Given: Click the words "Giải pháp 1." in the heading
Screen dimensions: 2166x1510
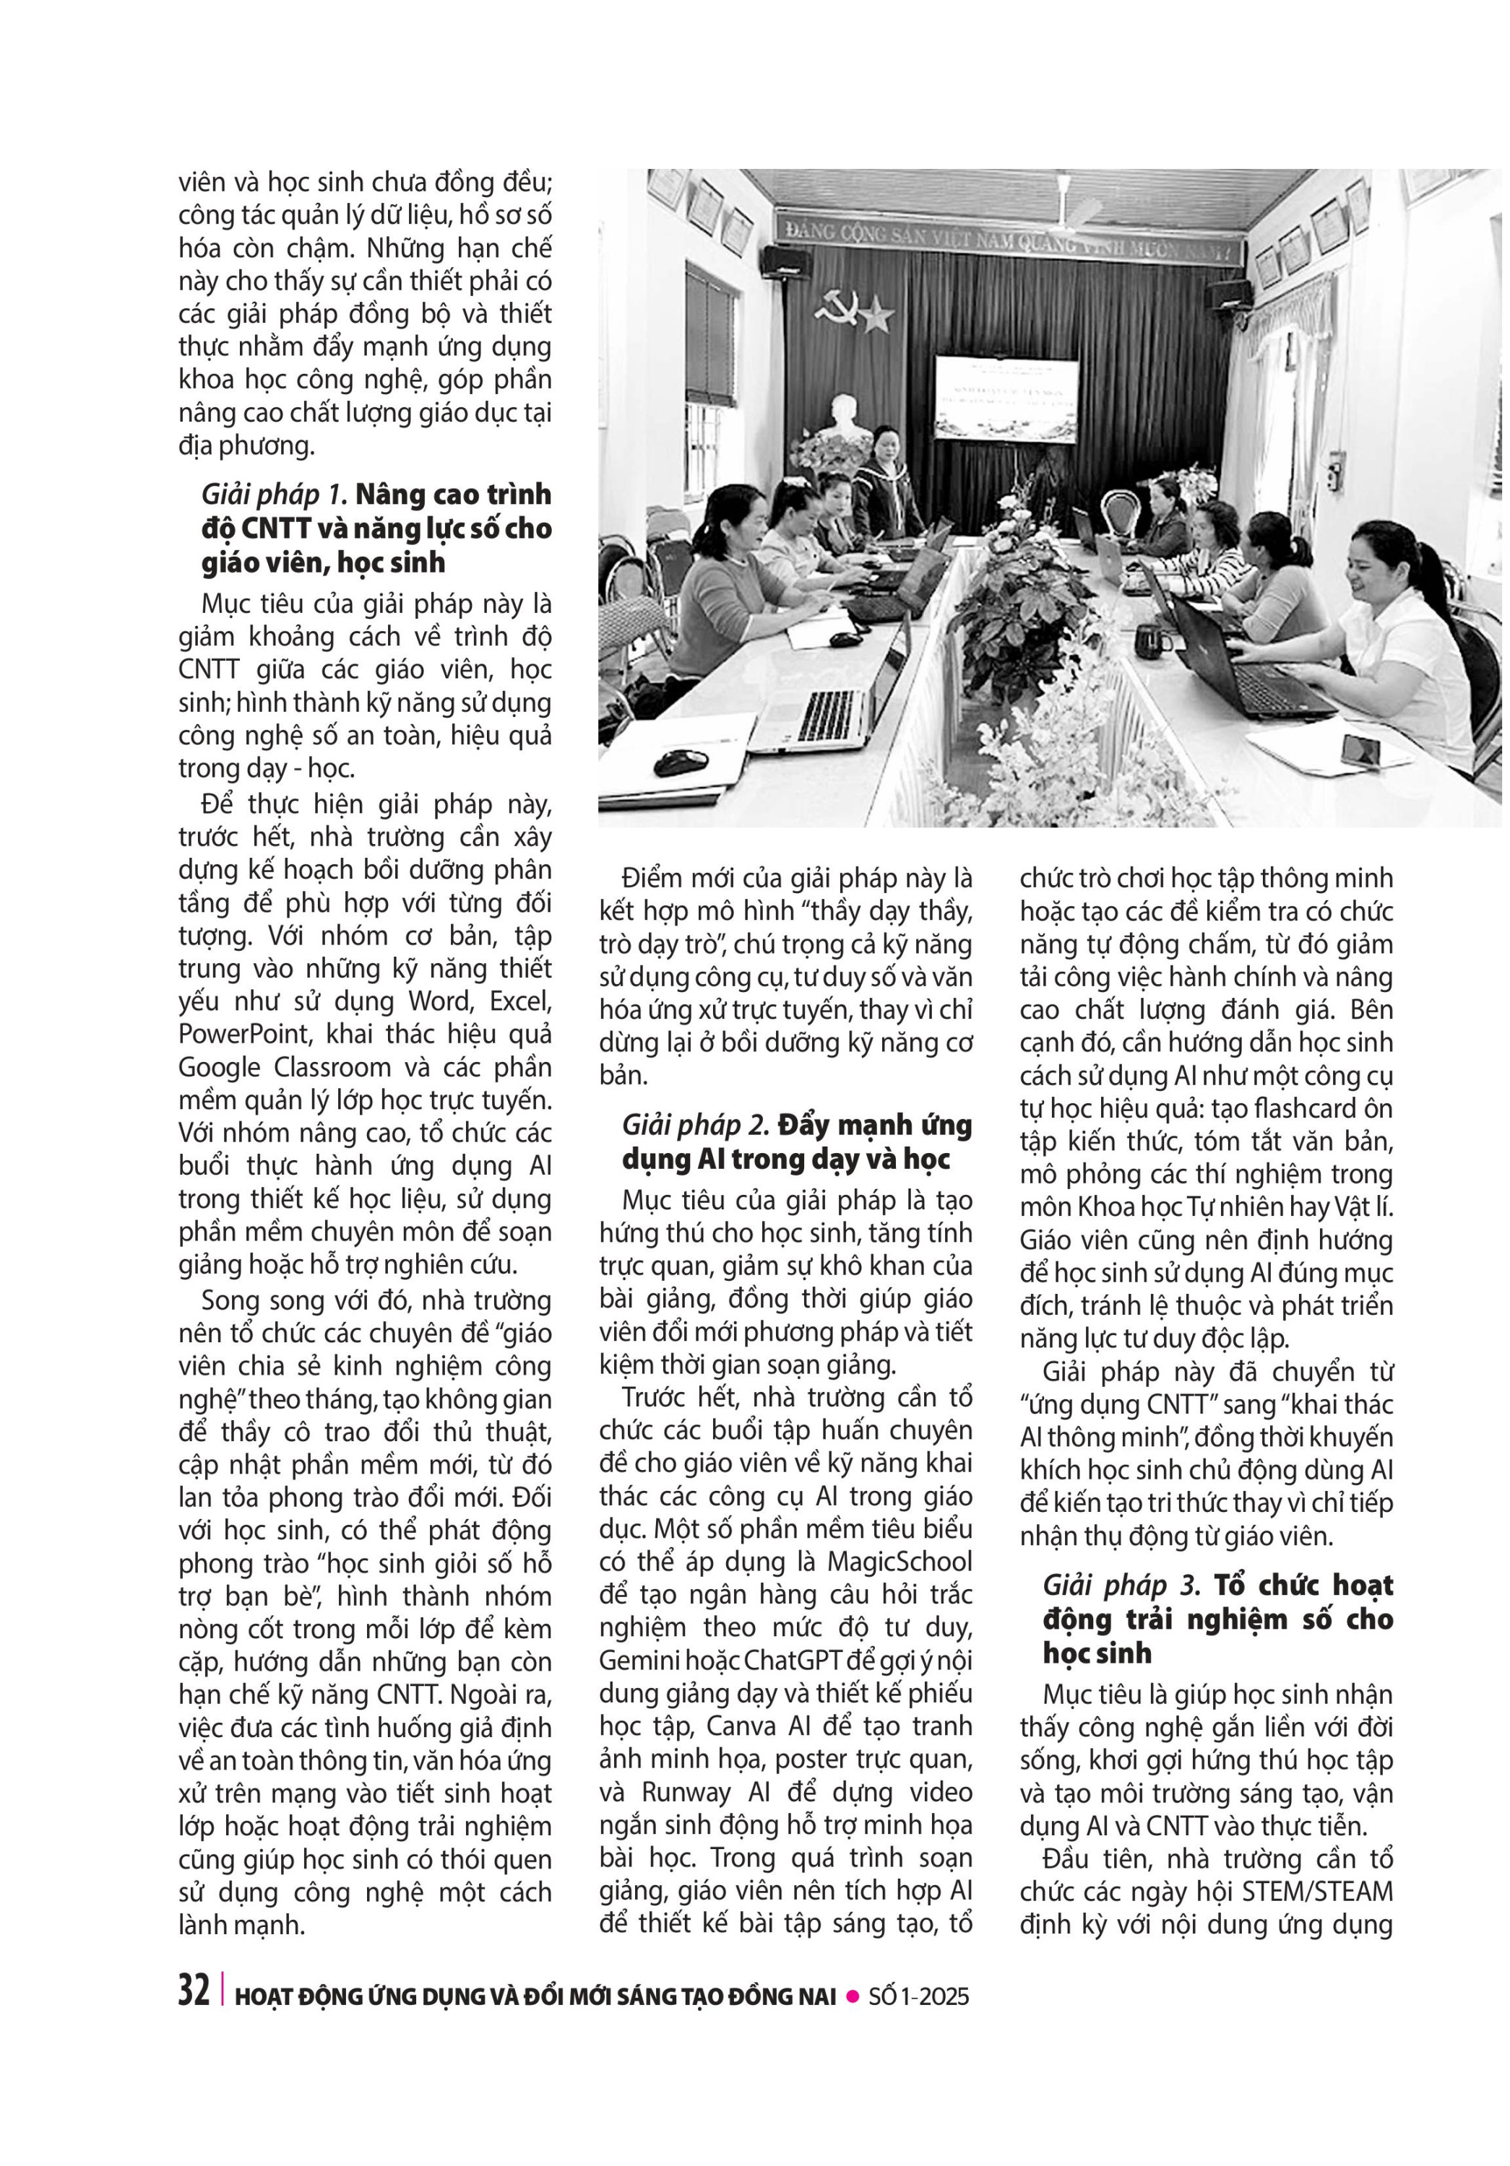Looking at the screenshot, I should pyautogui.click(x=275, y=495).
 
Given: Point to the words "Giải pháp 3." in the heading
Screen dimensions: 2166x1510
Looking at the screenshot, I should pyautogui.click(x=1121, y=1586).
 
